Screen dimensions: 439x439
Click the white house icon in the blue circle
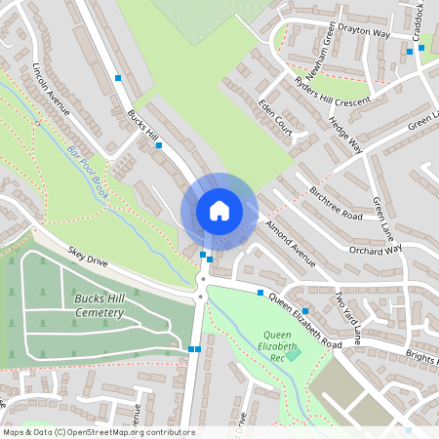(219, 210)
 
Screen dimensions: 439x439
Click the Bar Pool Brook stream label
(89, 172)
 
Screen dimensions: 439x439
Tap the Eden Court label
(276, 116)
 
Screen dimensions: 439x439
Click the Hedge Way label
(345, 135)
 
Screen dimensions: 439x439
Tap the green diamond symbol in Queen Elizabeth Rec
(293, 355)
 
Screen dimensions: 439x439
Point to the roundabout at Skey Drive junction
(202, 283)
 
